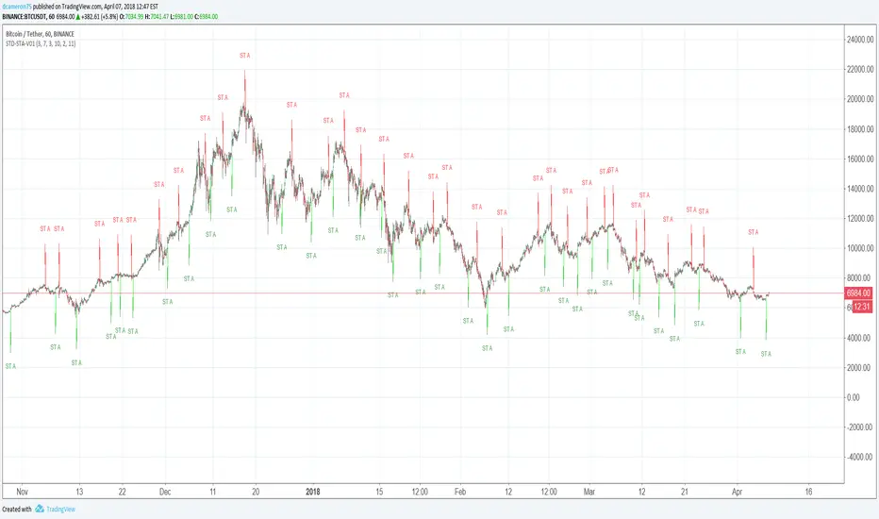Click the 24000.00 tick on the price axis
coord(857,40)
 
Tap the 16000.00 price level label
coord(857,159)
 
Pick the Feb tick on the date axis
coord(460,492)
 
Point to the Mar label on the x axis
coord(592,492)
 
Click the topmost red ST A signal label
coord(245,56)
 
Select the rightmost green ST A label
coord(766,354)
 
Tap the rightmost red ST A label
coord(753,231)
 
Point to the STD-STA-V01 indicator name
coord(36,43)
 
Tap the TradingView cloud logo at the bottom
coord(41,510)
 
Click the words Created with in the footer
coord(17,510)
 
